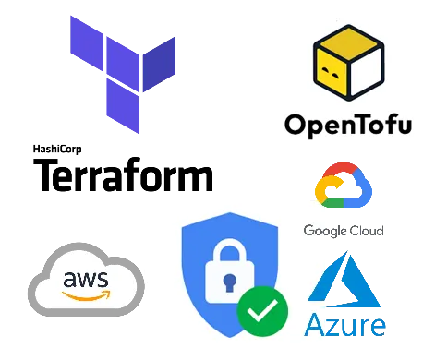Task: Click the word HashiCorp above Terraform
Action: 57,150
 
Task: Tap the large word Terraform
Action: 123,174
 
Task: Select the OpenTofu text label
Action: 348,126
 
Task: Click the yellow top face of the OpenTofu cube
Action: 348,43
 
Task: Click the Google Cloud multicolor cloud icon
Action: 344,185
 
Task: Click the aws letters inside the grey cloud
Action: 86,280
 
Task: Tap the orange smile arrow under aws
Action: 86,295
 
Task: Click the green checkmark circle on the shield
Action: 262,311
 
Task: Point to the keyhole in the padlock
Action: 230,283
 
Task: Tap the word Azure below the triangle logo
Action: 344,325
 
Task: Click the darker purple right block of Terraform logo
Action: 160,64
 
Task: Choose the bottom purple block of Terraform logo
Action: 123,105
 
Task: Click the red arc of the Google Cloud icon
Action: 340,169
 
